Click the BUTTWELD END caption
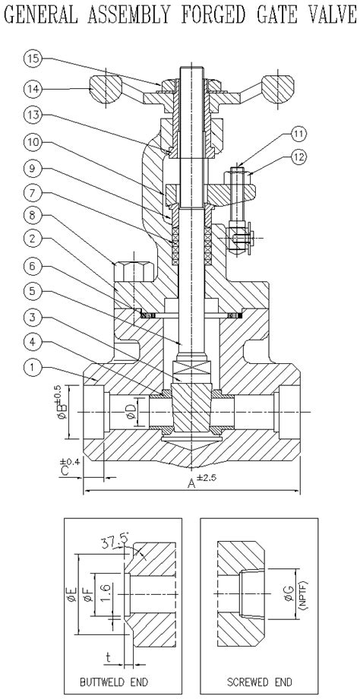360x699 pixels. click(x=122, y=682)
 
